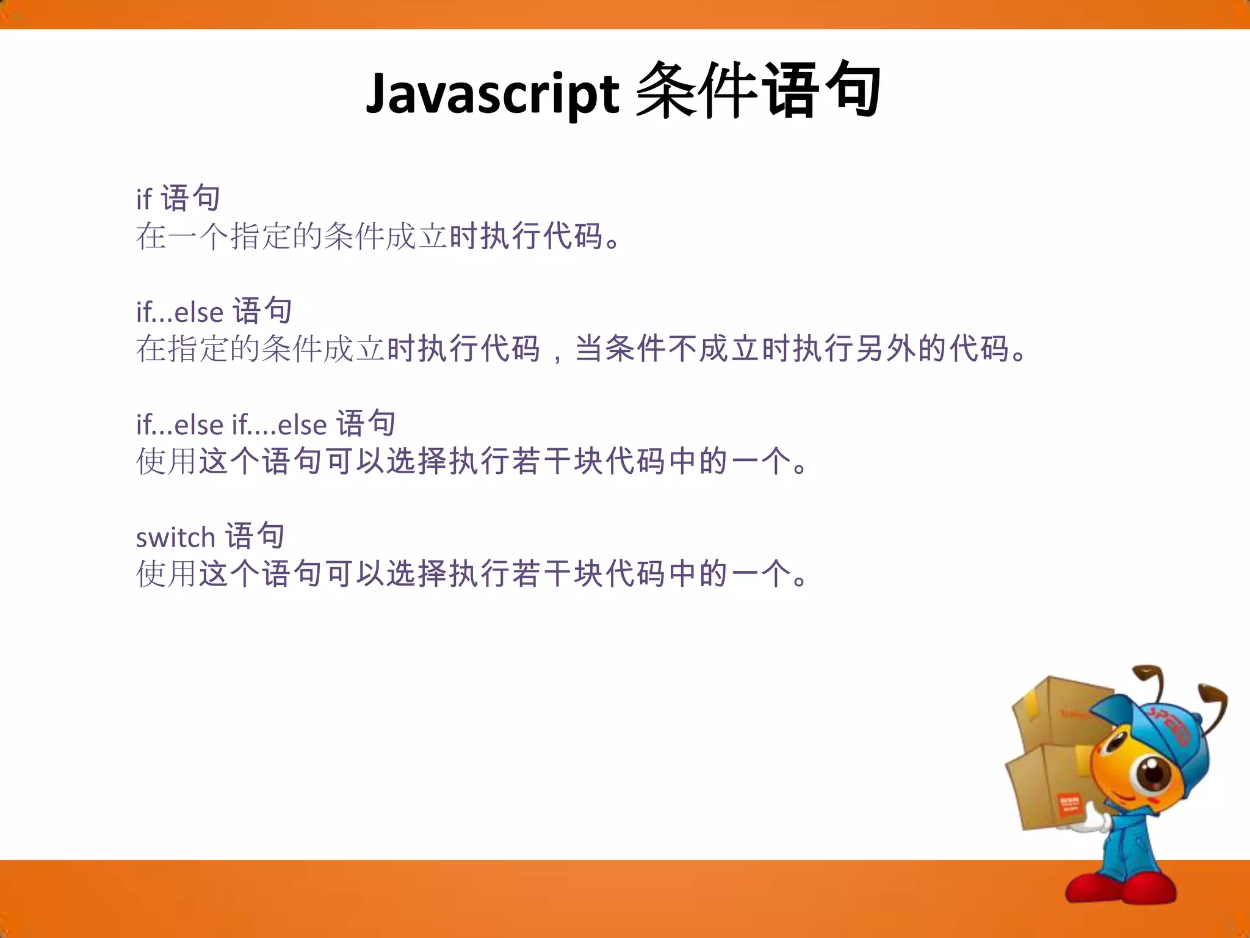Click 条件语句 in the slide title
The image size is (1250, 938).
point(757,92)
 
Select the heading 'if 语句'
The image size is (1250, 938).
point(178,198)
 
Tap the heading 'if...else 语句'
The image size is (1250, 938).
point(214,311)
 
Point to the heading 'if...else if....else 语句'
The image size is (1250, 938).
point(266,424)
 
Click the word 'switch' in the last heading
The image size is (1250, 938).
point(175,538)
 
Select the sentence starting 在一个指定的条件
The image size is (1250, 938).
point(378,236)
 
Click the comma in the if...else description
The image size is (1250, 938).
point(557,354)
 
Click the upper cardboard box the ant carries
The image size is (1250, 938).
point(1056,711)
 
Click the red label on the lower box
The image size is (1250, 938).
point(1069,804)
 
